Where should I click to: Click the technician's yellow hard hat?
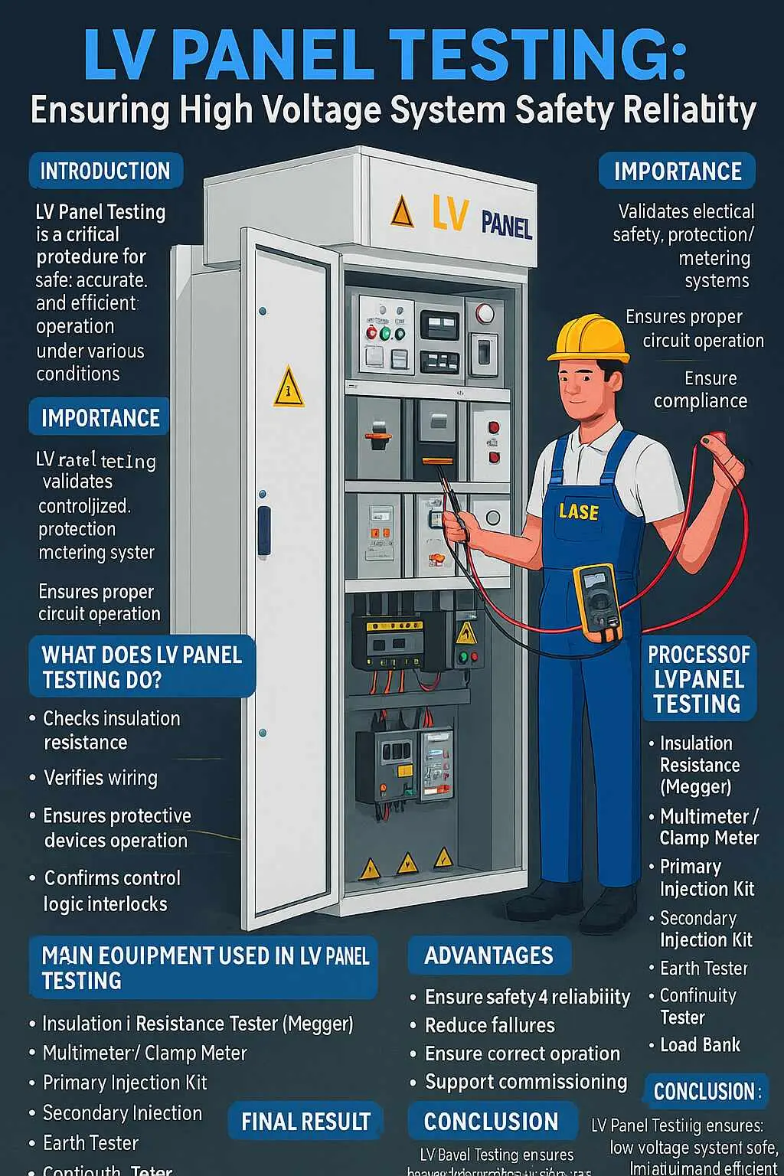(x=588, y=338)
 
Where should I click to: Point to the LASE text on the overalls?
(x=578, y=511)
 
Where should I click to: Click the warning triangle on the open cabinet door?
(x=289, y=388)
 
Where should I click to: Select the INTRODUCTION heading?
(x=106, y=171)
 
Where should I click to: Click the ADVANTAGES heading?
(x=488, y=955)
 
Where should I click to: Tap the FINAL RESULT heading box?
(x=305, y=1122)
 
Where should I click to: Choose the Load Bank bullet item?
(x=699, y=1045)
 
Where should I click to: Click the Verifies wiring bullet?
(x=100, y=778)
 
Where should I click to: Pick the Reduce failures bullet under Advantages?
(x=489, y=1025)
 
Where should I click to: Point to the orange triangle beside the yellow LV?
(x=402, y=212)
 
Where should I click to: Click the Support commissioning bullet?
(x=525, y=1082)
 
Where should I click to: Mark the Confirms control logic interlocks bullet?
(x=112, y=890)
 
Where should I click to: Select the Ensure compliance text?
(x=701, y=390)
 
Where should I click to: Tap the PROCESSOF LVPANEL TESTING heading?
(x=698, y=679)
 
